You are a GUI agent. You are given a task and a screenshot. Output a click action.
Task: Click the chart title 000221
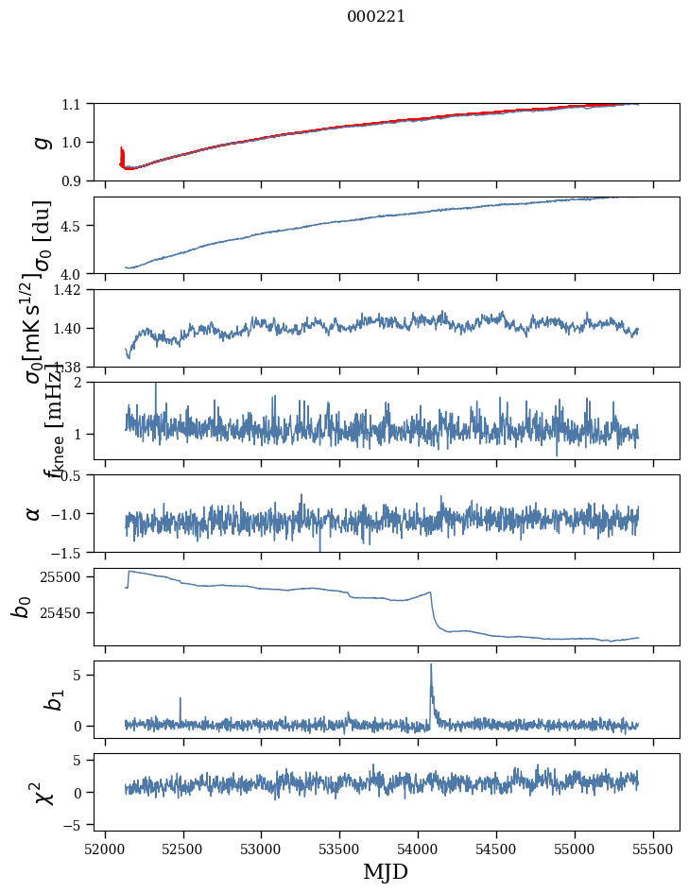(x=376, y=16)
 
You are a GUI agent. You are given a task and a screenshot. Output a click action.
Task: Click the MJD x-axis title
(x=386, y=872)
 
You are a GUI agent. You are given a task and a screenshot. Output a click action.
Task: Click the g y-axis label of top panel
(x=40, y=142)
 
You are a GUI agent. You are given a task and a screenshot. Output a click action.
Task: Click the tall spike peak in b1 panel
(x=431, y=665)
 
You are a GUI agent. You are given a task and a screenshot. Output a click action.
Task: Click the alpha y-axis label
(x=34, y=512)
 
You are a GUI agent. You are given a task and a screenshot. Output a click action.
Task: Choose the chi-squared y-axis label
(x=40, y=792)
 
